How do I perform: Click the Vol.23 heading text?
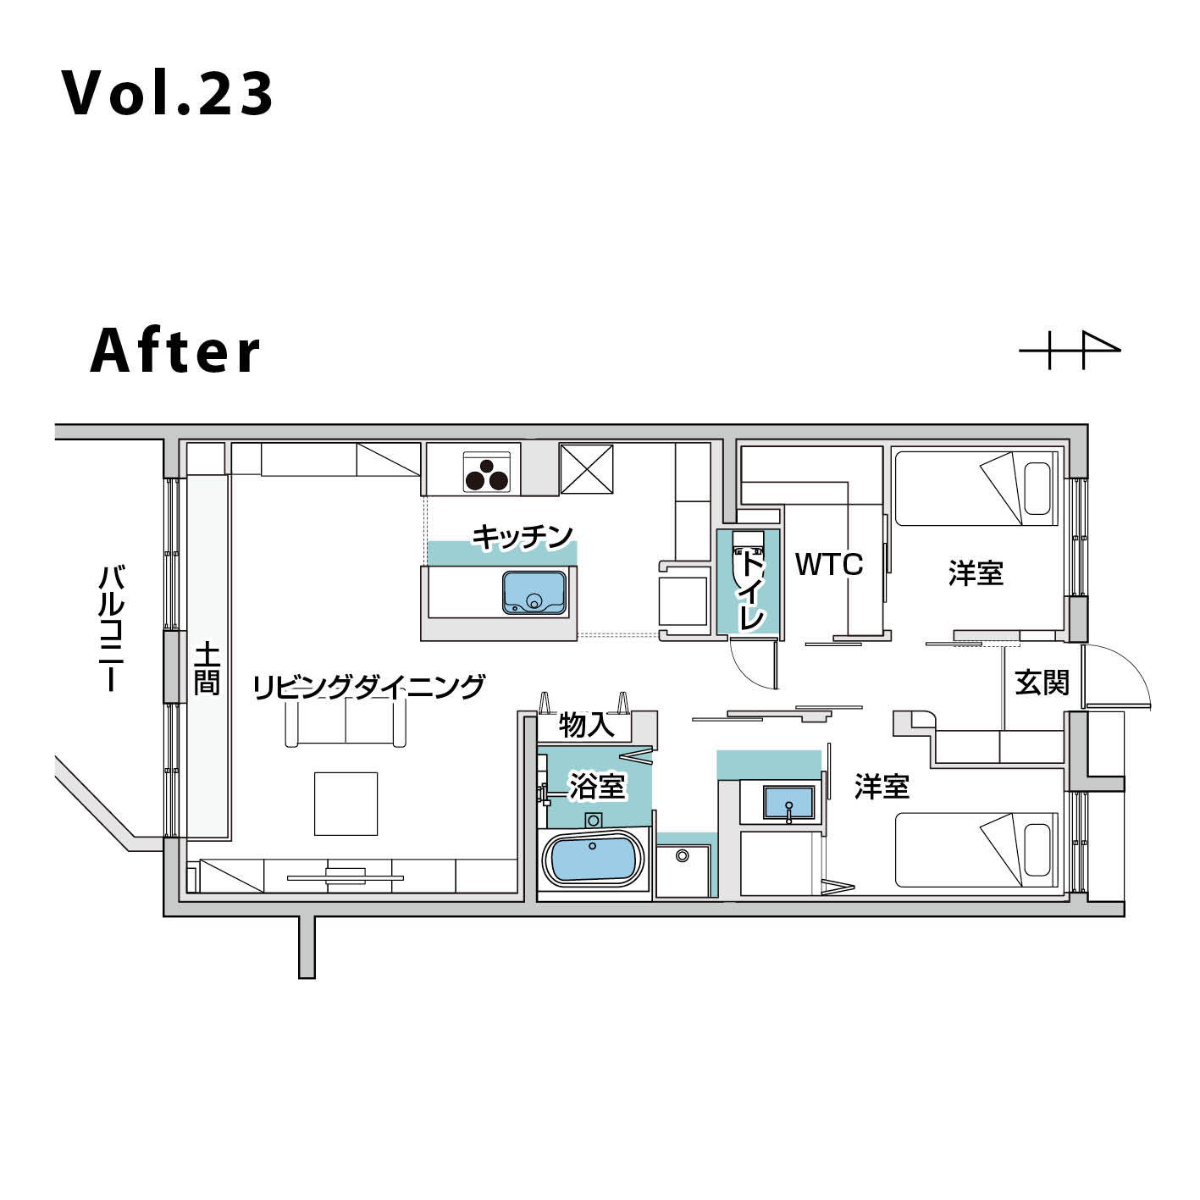167,94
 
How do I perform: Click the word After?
175,351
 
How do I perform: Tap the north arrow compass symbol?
1070,350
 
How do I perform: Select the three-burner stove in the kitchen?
487,472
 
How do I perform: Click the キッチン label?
522,537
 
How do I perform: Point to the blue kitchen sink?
534,592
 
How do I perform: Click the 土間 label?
207,670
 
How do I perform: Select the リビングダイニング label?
368,687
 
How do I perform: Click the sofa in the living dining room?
346,722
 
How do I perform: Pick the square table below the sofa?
346,804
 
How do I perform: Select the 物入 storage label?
586,724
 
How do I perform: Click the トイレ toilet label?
751,592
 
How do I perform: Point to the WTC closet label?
829,564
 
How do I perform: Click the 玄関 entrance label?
1042,683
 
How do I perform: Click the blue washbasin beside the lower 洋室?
789,803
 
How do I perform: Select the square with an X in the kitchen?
586,469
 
